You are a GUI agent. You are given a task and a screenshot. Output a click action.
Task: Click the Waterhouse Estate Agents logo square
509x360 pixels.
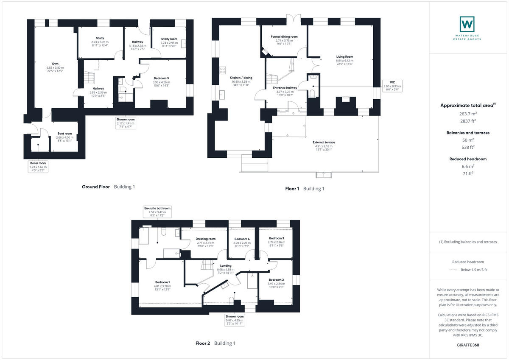pos(467,24)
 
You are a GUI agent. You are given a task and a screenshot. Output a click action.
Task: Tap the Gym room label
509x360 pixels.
pos(55,64)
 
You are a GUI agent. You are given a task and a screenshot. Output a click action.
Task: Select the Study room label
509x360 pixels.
pos(100,38)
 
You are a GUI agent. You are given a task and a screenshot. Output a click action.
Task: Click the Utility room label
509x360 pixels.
pos(169,39)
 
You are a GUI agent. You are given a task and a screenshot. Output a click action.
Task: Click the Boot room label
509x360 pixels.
pos(64,134)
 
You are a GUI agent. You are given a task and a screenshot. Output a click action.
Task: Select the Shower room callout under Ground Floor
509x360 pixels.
pos(126,123)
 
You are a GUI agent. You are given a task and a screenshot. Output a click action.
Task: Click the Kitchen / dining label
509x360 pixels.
pos(241,78)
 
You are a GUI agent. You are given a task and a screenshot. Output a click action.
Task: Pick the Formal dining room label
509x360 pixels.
pos(284,37)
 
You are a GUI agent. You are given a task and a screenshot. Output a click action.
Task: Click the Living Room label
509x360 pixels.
pos(344,56)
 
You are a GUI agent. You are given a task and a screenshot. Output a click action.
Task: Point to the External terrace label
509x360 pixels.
pos(324,142)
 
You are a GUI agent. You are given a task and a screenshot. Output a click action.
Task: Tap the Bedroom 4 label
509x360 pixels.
pos(242,239)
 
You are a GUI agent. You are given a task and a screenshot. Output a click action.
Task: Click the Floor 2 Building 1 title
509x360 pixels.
pos(215,343)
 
